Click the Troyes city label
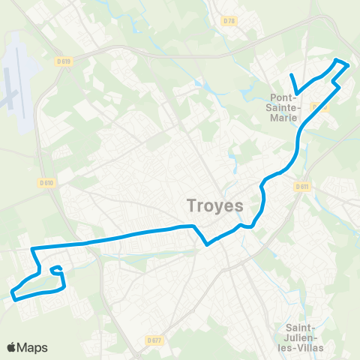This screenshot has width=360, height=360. pyautogui.click(x=214, y=205)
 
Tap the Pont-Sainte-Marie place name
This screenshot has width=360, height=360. pyautogui.click(x=286, y=107)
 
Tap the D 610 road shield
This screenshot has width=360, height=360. pyautogui.click(x=46, y=182)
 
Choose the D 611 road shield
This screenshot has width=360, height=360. pyautogui.click(x=301, y=185)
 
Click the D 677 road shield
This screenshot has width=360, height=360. pyautogui.click(x=154, y=340)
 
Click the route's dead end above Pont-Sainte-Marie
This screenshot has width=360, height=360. pyautogui.click(x=291, y=75)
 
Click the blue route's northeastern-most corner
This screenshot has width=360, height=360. pyautogui.click(x=348, y=65)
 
